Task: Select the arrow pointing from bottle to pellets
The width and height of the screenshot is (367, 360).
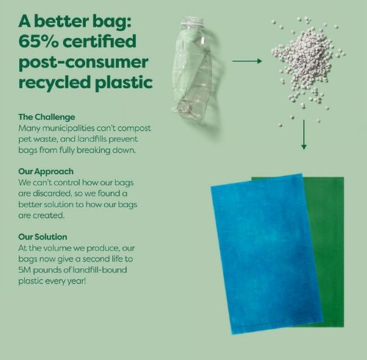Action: [254, 62]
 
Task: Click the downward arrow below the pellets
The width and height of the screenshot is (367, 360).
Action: [303, 137]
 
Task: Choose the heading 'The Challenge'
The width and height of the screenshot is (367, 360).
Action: [47, 118]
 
